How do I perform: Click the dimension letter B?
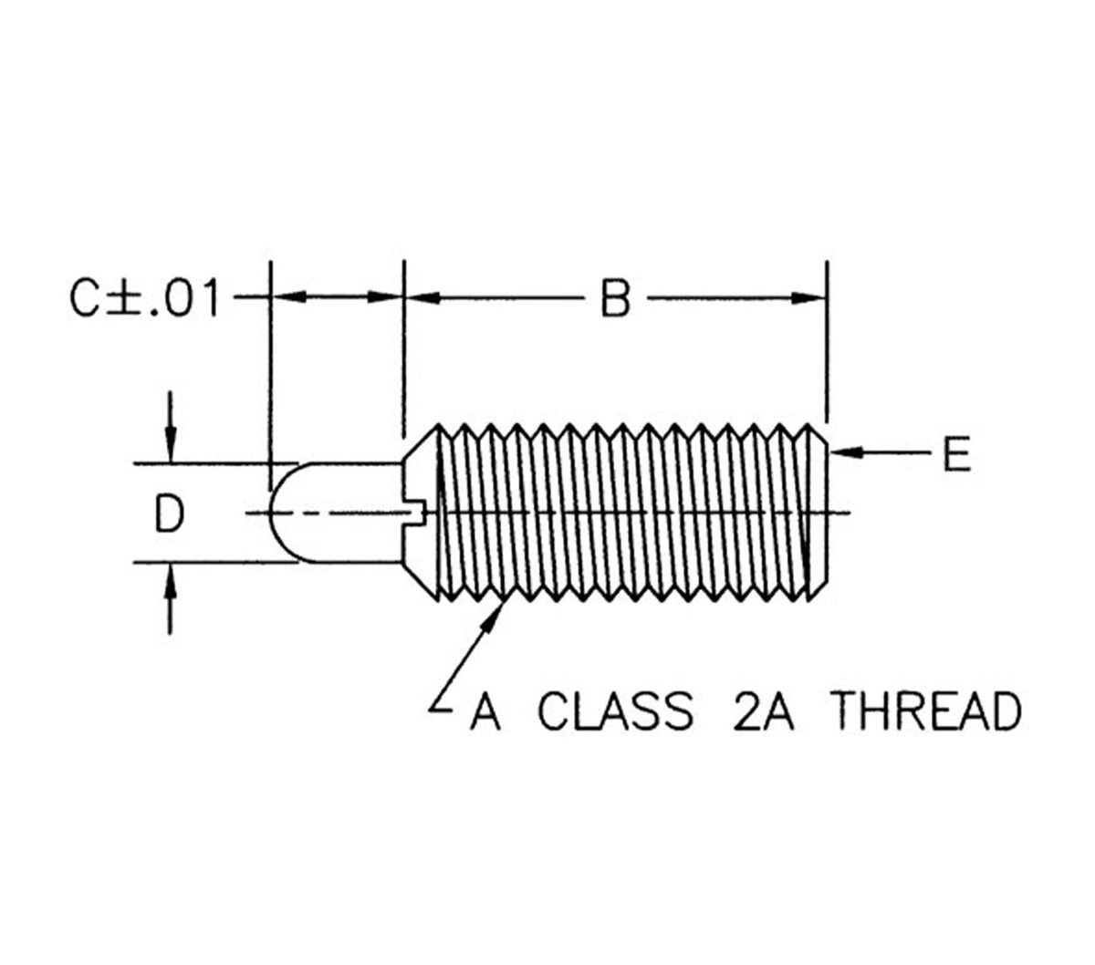617,298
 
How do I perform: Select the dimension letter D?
170,514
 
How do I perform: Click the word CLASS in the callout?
615,712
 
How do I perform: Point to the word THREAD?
928,712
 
